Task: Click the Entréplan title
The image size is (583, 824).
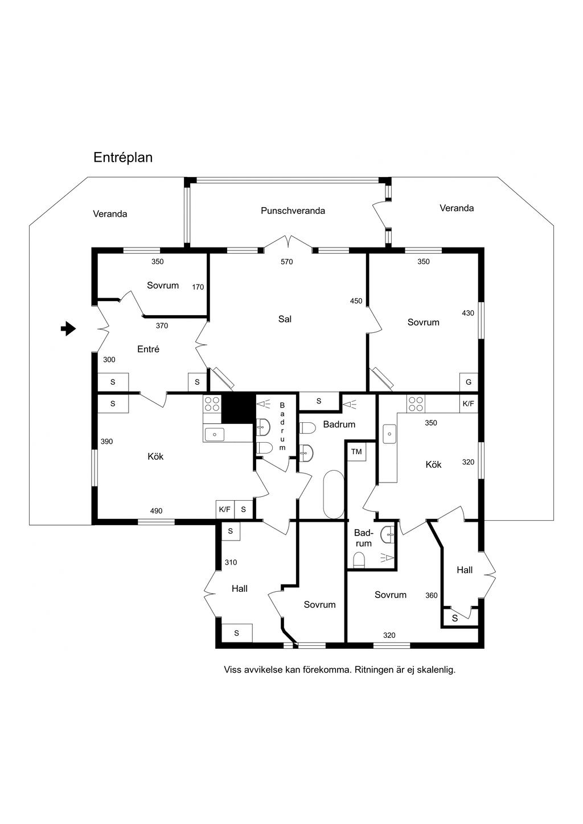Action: coord(123,158)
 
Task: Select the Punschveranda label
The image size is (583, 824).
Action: coord(293,211)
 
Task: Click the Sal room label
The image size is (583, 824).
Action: coord(285,319)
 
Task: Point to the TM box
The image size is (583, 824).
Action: coord(356,452)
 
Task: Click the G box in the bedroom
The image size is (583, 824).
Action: coord(469,382)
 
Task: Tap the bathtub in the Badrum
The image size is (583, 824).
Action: coord(332,494)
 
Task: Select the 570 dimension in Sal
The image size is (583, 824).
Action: coord(286,262)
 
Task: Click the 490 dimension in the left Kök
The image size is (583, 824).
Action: coord(157,511)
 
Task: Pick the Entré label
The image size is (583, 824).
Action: coord(148,349)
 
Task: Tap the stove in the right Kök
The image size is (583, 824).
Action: coord(415,403)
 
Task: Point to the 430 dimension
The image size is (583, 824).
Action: coord(467,313)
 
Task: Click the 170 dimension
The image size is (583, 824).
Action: coord(198,287)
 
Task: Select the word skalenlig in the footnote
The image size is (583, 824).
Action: coord(436,670)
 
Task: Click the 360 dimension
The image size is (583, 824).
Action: coord(432,595)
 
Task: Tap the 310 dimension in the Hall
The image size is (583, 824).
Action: coord(231,562)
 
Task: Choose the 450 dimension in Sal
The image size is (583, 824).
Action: coord(356,301)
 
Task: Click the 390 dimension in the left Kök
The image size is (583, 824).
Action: coord(106,441)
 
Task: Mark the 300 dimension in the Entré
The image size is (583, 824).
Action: coord(109,360)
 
